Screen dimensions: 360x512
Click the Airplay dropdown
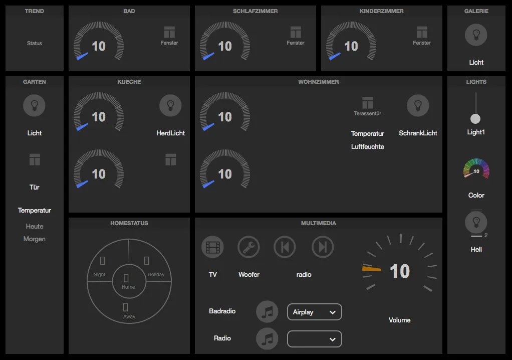pyautogui.click(x=314, y=312)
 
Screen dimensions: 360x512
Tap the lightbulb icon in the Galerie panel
pyautogui.click(x=476, y=35)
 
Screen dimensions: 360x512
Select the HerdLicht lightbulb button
pyautogui.click(x=170, y=106)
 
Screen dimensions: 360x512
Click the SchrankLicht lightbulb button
pyautogui.click(x=418, y=106)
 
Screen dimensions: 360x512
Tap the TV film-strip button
pyautogui.click(x=212, y=247)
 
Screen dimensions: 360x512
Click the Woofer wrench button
pyautogui.click(x=248, y=247)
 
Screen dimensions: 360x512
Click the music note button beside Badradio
pyautogui.click(x=267, y=312)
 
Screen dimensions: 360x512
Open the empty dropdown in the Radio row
pyautogui.click(x=314, y=339)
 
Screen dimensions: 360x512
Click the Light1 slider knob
pyautogui.click(x=475, y=119)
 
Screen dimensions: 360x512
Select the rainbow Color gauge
pyautogui.click(x=476, y=169)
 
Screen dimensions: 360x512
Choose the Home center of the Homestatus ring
pyautogui.click(x=128, y=281)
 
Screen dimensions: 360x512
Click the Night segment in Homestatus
pyautogui.click(x=102, y=266)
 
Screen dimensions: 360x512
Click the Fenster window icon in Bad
pyautogui.click(x=169, y=32)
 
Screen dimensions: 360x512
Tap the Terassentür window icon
pyautogui.click(x=368, y=103)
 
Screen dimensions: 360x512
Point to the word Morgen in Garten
pyautogui.click(x=35, y=239)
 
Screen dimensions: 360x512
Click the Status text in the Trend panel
pyautogui.click(x=35, y=44)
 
